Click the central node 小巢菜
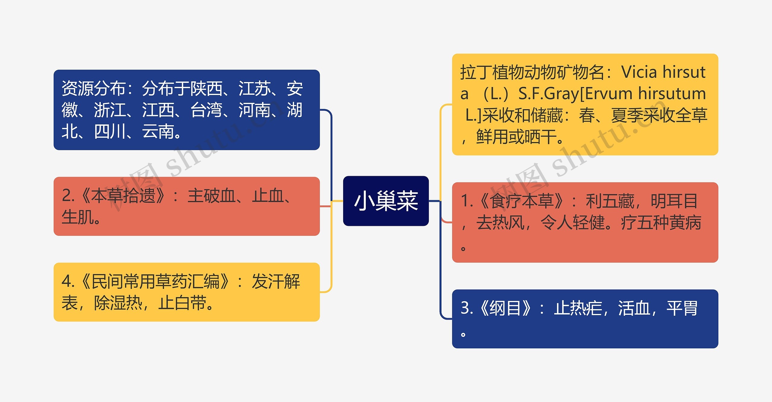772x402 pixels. pyautogui.click(x=386, y=201)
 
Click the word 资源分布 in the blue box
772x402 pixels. pyautogui.click(x=93, y=88)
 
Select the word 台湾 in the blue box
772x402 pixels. pyautogui.click(x=207, y=110)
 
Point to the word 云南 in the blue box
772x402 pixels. pyautogui.click(x=158, y=131)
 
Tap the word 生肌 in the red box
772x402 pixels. pyautogui.click(x=78, y=217)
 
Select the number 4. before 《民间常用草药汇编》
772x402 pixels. pyautogui.click(x=68, y=281)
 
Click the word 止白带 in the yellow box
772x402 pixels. pyautogui.click(x=182, y=303)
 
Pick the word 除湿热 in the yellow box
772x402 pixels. pyautogui.click(x=118, y=303)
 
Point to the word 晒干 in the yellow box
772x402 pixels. pyautogui.click(x=540, y=137)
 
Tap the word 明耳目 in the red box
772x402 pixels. pyautogui.click(x=674, y=201)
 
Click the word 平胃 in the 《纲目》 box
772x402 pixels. pyautogui.click(x=682, y=308)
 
